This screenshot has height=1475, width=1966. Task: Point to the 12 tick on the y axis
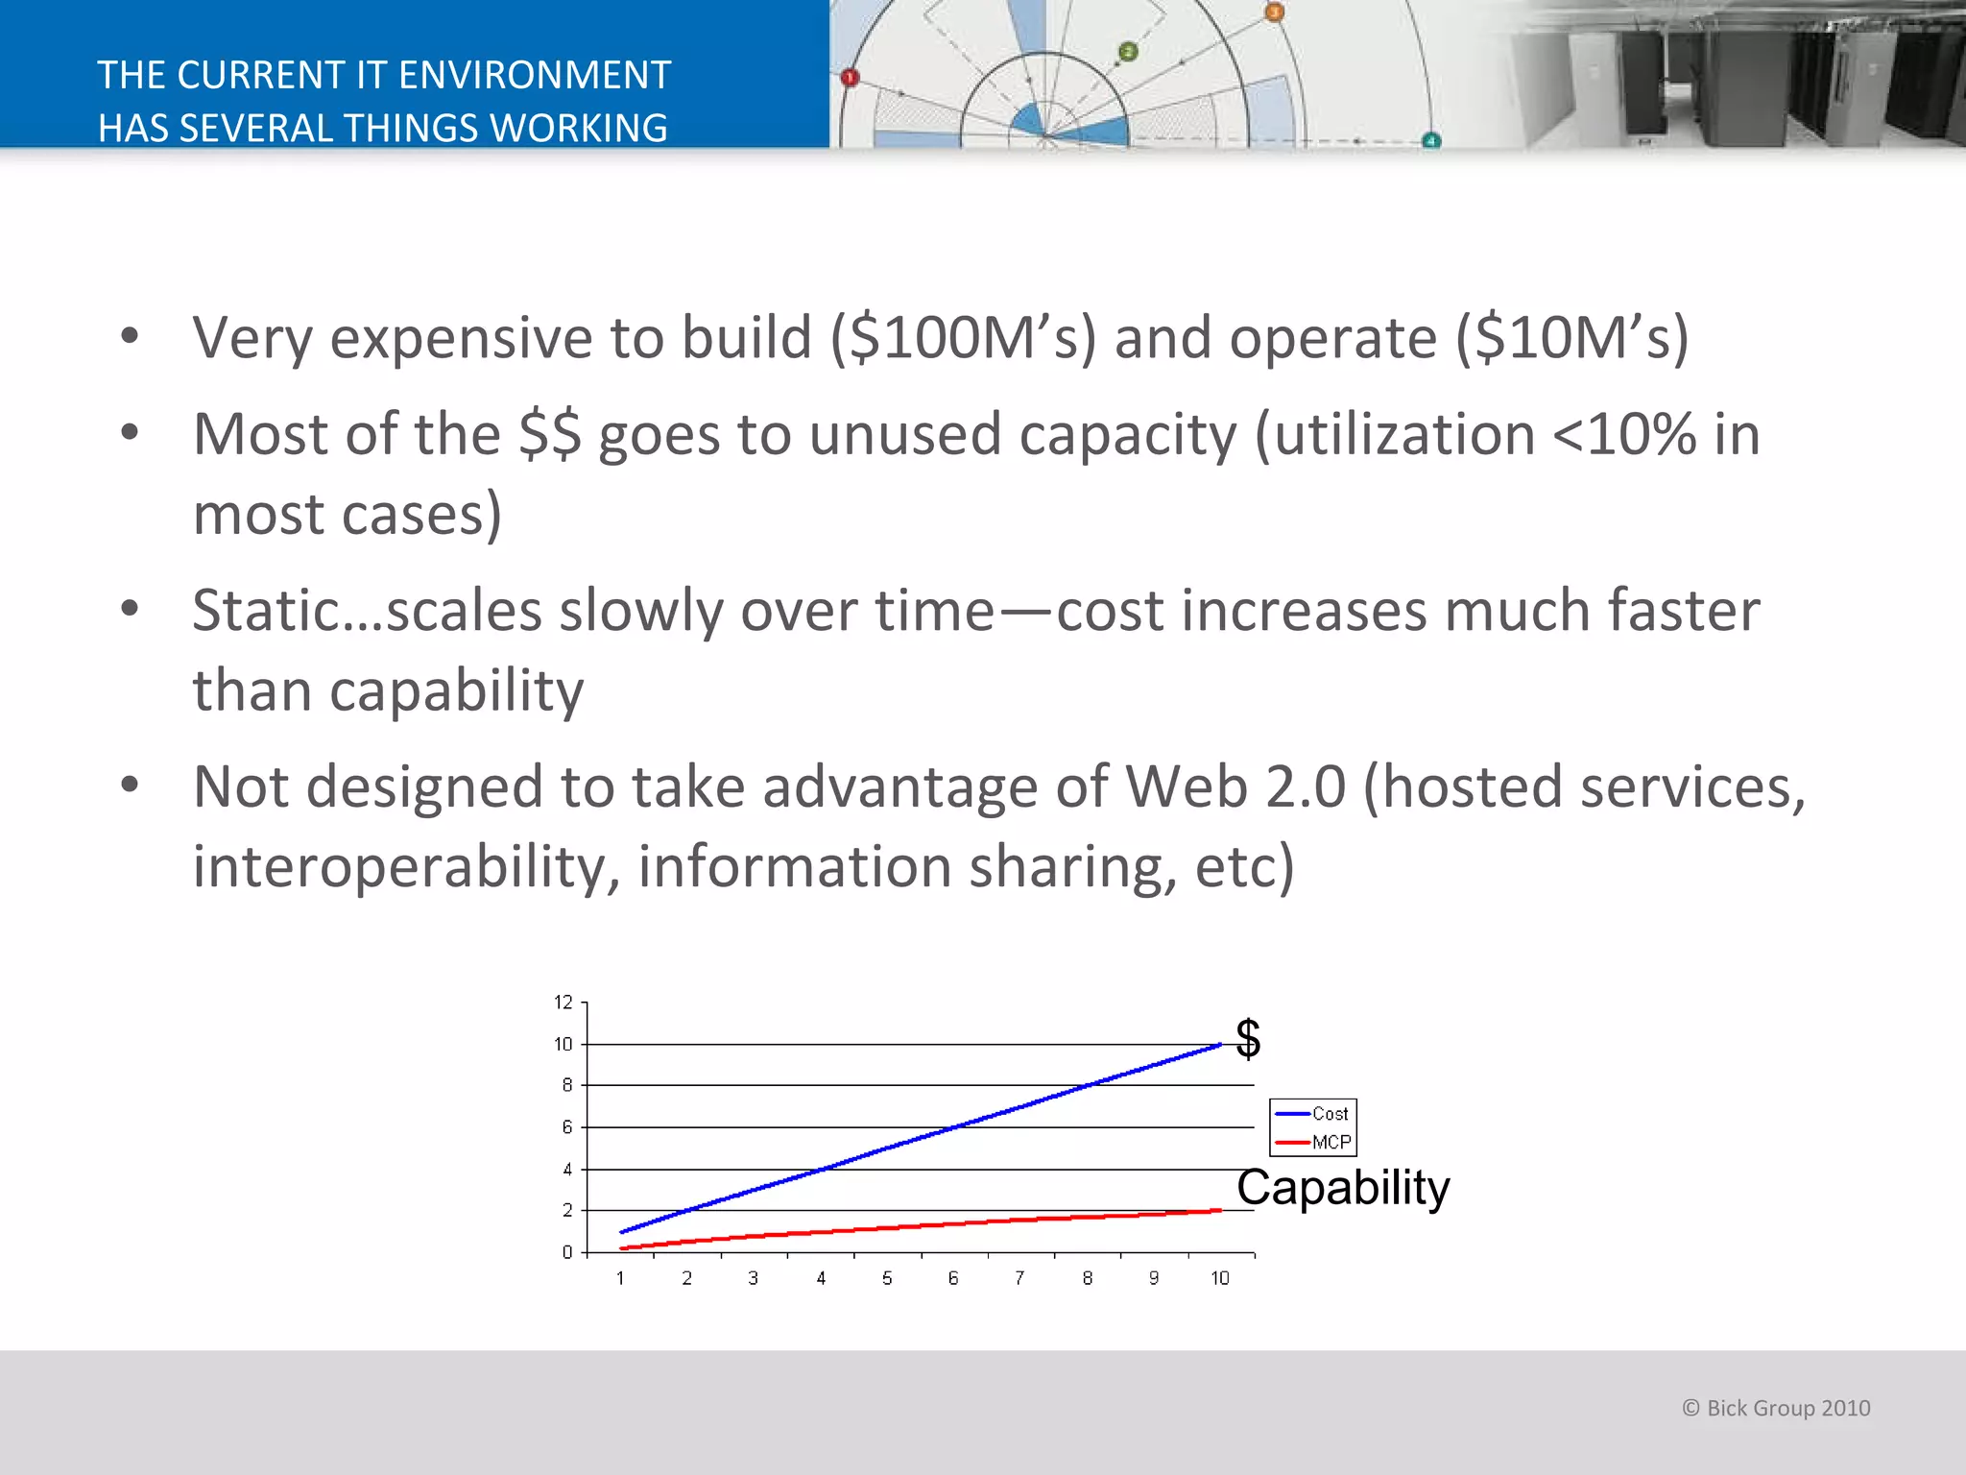click(563, 1003)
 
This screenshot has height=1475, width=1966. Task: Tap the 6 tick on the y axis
click(567, 1127)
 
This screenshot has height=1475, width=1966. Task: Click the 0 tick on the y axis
click(567, 1252)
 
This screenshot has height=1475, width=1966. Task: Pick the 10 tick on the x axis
click(1219, 1278)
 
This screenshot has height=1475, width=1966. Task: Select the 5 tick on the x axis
click(887, 1278)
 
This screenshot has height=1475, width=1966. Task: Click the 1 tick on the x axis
click(620, 1278)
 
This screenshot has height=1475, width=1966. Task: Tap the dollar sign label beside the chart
click(1248, 1038)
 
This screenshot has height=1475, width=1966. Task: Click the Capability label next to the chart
click(1342, 1188)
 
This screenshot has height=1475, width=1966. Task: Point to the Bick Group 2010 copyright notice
click(1776, 1408)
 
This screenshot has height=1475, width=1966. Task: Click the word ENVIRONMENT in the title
click(534, 75)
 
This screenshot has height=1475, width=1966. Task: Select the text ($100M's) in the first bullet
click(962, 338)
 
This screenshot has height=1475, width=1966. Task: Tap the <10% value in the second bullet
click(1624, 435)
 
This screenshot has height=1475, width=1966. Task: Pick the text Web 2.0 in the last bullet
click(1235, 787)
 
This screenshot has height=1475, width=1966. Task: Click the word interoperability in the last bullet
click(401, 867)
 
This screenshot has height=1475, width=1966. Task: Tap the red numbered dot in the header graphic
click(850, 78)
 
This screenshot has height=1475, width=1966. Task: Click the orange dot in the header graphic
click(1274, 12)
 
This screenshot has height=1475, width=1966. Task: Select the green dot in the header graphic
click(1128, 52)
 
